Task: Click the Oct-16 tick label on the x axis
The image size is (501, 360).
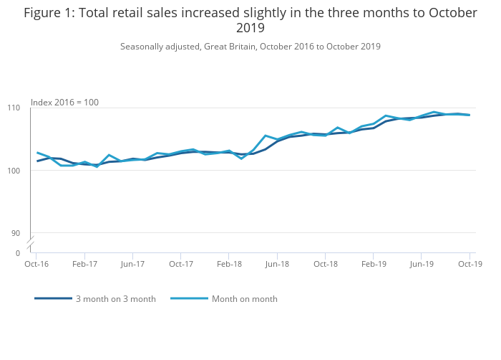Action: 37,264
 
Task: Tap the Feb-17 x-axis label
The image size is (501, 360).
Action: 84,264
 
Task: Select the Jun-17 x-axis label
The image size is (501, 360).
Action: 132,264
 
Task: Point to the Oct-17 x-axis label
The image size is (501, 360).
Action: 181,264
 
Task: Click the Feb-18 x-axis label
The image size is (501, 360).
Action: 229,264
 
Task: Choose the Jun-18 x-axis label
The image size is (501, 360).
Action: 277,264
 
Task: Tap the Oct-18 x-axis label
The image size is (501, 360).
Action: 326,264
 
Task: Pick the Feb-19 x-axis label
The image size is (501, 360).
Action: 374,264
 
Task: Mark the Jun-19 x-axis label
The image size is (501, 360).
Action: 422,264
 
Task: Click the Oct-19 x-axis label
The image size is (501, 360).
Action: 470,264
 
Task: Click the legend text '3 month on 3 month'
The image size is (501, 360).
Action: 115,299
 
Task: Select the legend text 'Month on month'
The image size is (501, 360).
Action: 244,299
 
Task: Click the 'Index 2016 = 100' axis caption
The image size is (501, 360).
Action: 64,103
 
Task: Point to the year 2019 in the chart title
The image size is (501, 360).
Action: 250,29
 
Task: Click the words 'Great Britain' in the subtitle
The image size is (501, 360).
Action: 228,47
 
